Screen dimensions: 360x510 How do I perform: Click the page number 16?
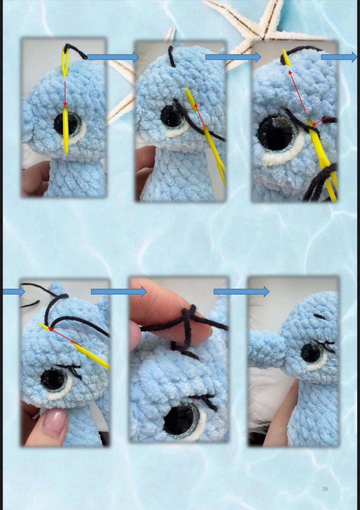click(x=325, y=488)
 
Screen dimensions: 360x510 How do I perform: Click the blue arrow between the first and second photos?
click(x=113, y=57)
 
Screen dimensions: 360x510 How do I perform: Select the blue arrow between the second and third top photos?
click(x=233, y=57)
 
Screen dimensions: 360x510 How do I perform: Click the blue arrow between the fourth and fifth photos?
click(x=119, y=292)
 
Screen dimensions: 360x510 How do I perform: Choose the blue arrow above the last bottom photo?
click(x=242, y=292)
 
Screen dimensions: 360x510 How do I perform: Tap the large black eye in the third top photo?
click(x=275, y=134)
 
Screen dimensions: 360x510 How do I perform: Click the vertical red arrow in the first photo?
click(x=65, y=94)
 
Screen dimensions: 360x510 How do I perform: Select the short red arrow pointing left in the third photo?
click(x=321, y=121)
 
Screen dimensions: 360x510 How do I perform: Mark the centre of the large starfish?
click(x=264, y=38)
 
